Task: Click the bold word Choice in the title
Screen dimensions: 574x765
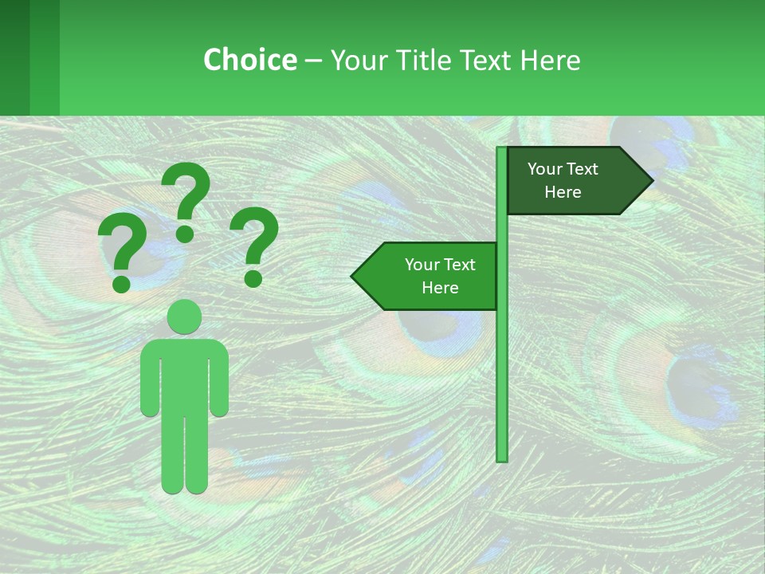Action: click(249, 60)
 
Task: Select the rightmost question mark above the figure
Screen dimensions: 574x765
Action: click(254, 243)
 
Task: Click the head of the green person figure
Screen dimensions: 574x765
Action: click(185, 316)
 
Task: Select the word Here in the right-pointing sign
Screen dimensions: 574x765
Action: click(563, 192)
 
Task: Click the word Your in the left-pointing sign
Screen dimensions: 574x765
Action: click(422, 265)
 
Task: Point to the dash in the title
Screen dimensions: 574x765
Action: click(313, 61)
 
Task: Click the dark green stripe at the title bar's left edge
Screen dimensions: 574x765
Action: click(14, 57)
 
